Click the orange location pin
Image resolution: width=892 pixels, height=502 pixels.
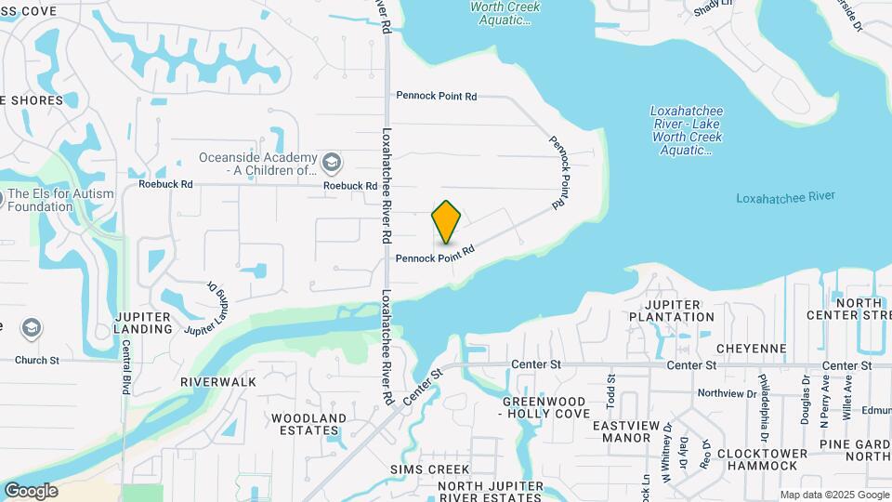click(447, 222)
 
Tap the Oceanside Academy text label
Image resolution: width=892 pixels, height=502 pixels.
click(257, 165)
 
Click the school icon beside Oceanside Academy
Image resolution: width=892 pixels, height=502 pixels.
click(332, 165)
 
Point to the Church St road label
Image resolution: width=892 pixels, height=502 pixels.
click(37, 360)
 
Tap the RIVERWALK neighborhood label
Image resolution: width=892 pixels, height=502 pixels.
click(211, 382)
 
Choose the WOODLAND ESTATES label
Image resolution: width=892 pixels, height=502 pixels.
click(308, 424)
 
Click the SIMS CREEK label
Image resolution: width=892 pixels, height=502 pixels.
click(429, 469)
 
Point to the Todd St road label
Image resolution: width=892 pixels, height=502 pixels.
click(611, 390)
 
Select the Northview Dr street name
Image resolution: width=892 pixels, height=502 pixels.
click(727, 393)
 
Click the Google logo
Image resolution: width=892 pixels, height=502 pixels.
click(31, 491)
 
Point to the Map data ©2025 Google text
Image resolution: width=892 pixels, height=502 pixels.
click(833, 495)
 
